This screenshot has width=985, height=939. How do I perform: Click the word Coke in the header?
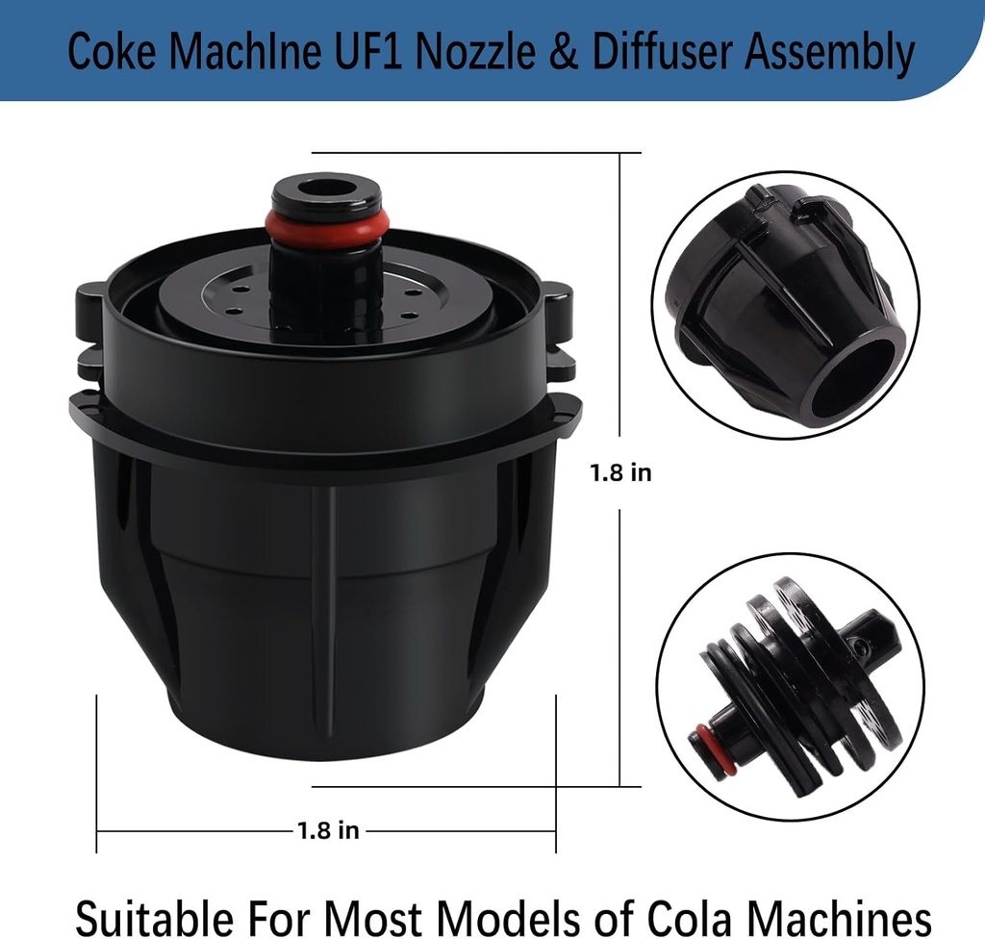pyautogui.click(x=112, y=51)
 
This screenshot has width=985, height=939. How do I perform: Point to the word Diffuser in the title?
pyautogui.click(x=662, y=51)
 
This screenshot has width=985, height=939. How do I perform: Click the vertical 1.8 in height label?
pyautogui.click(x=620, y=472)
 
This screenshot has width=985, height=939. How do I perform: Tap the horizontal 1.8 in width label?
pyautogui.click(x=328, y=830)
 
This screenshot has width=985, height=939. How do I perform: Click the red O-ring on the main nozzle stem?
pyautogui.click(x=327, y=222)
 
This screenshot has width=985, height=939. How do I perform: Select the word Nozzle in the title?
pyautogui.click(x=474, y=51)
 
